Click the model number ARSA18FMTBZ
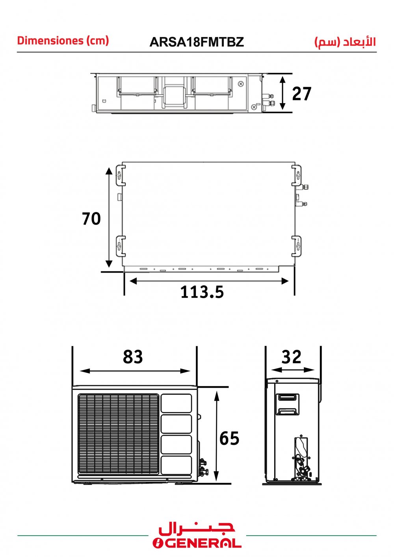197,42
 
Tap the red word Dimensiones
50,41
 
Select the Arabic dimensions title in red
345,42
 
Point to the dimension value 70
91,219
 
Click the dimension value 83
133,356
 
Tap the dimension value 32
291,357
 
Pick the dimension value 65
229,438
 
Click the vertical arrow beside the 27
282,93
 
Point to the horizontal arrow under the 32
293,370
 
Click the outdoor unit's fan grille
119,434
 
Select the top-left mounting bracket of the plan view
121,175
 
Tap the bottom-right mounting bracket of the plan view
297,246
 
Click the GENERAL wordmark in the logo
197,549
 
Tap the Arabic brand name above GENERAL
197,530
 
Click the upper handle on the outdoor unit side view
287,397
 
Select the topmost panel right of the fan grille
176,403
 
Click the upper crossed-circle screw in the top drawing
241,84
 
